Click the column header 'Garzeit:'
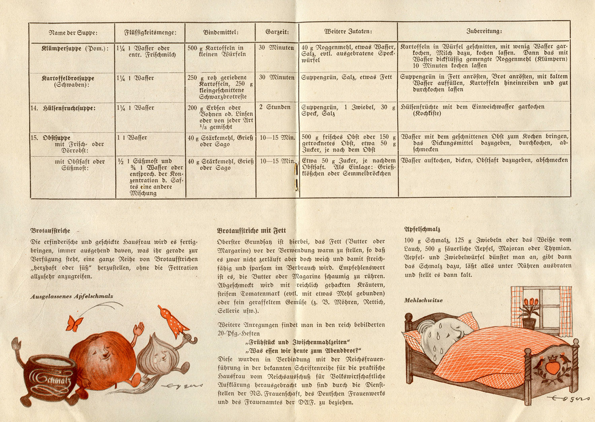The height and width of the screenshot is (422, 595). pos(277,32)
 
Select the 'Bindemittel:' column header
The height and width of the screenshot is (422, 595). pos(220,32)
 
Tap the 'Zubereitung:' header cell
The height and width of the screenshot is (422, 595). pos(484,31)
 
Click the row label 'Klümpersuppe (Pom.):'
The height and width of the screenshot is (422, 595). pos(75,49)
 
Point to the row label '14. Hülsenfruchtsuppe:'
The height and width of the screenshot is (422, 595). pos(64,108)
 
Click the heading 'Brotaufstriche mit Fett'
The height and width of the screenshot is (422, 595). pos(251,231)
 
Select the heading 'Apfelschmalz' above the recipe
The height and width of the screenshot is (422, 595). pos(422,229)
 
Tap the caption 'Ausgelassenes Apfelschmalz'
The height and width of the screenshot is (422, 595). pos(72,296)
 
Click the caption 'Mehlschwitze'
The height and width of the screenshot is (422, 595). pos(423,300)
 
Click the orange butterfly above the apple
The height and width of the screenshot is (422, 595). pos(74,323)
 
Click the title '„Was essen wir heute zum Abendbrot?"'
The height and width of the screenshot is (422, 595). pos(303,350)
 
